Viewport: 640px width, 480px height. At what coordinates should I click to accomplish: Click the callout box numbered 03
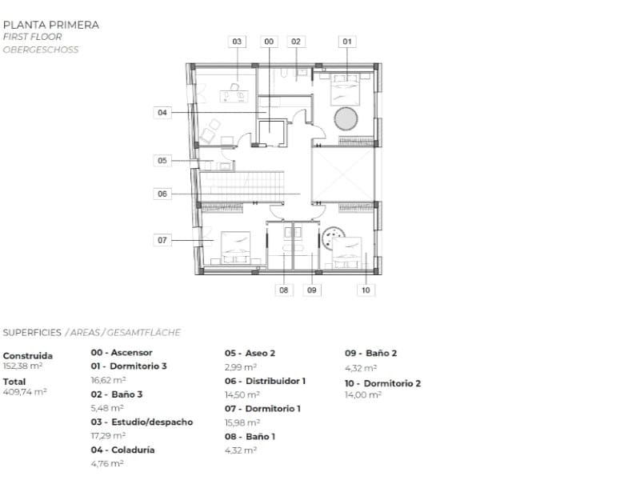pyautogui.click(x=237, y=42)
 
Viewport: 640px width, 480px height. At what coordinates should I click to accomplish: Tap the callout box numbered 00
pyautogui.click(x=269, y=42)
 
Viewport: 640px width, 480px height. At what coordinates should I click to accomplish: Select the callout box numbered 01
pyautogui.click(x=347, y=42)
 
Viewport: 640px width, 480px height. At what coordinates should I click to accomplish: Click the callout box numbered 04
pyautogui.click(x=162, y=113)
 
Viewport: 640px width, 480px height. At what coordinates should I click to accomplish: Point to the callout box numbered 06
pyautogui.click(x=162, y=194)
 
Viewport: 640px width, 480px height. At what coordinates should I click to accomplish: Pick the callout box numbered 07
pyautogui.click(x=162, y=240)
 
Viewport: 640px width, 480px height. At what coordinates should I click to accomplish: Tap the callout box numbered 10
pyautogui.click(x=366, y=290)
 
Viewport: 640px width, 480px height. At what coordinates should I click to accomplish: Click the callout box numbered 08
pyautogui.click(x=284, y=290)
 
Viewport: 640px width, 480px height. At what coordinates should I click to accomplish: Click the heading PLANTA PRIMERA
pyautogui.click(x=51, y=25)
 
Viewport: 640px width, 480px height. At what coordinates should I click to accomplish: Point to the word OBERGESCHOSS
pyautogui.click(x=41, y=50)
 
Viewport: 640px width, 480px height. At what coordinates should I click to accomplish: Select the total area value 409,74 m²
pyautogui.click(x=25, y=392)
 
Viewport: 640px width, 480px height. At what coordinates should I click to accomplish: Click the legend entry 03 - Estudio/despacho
pyautogui.click(x=142, y=422)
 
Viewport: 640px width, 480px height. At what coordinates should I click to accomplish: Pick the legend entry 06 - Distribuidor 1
pyautogui.click(x=265, y=381)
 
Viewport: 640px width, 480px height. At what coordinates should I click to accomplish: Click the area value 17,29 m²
pyautogui.click(x=108, y=436)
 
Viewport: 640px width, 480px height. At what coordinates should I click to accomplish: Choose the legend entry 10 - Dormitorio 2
pyautogui.click(x=382, y=383)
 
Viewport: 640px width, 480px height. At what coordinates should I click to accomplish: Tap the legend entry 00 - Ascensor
pyautogui.click(x=122, y=352)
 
